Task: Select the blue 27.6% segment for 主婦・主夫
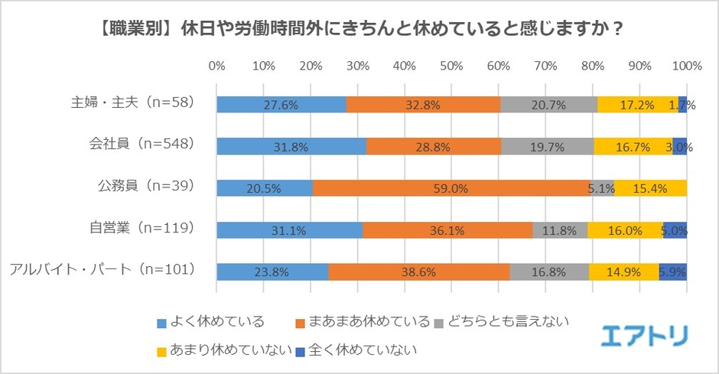pyautogui.click(x=281, y=105)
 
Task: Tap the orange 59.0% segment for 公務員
pyautogui.click(x=451, y=187)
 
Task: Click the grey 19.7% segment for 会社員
pyautogui.click(x=547, y=146)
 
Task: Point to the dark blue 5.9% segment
pyautogui.click(x=673, y=271)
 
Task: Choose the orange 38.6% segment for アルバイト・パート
pyautogui.click(x=419, y=271)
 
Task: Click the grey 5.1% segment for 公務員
pyautogui.click(x=601, y=187)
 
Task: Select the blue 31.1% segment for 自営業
pyautogui.click(x=289, y=229)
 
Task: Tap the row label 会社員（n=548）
pyautogui.click(x=142, y=143)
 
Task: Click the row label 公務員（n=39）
pyautogui.click(x=143, y=185)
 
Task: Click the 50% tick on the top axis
pyautogui.click(x=451, y=66)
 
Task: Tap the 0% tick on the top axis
pyautogui.click(x=216, y=66)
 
